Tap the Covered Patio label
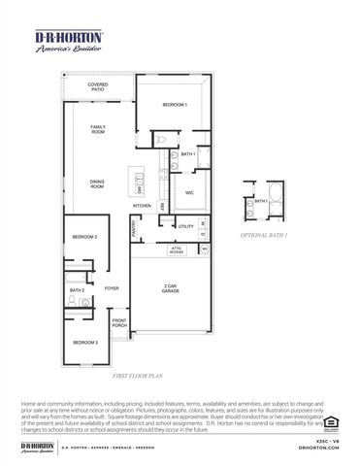[x=98, y=87]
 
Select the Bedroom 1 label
[x=174, y=105]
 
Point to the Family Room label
[x=98, y=129]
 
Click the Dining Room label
[x=97, y=183]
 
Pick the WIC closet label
[x=190, y=193]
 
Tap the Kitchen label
[x=142, y=207]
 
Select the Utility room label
[x=186, y=226]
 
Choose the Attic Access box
[x=177, y=249]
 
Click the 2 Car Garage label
[x=171, y=288]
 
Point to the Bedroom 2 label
[x=83, y=236]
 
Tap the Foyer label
[x=112, y=288]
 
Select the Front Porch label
[x=119, y=323]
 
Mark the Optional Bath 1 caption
[x=263, y=235]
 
